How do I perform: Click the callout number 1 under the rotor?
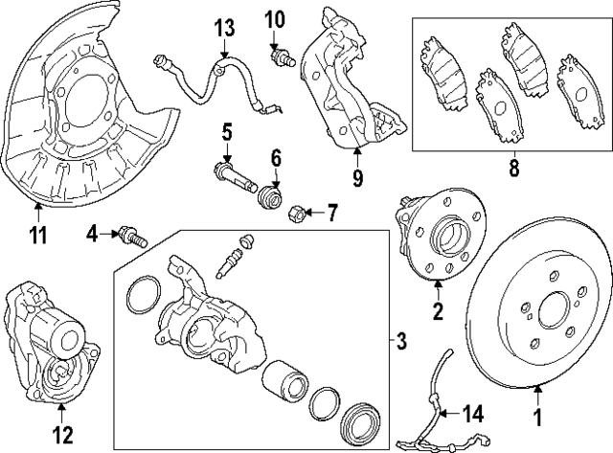536,418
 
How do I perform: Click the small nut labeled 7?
296,210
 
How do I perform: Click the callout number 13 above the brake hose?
223,26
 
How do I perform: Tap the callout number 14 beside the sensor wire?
473,415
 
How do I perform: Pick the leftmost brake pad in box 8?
440,66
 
